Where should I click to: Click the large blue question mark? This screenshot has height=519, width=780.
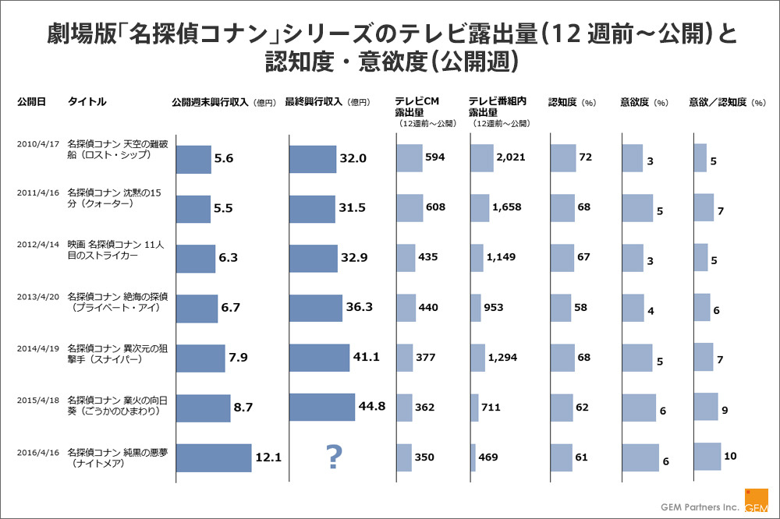(334, 457)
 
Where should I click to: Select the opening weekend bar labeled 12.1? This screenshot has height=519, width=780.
(213, 457)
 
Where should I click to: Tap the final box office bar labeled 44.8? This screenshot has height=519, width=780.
(321, 407)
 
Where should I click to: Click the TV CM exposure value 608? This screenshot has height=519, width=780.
(435, 207)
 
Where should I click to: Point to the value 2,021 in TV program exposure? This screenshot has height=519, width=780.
(511, 157)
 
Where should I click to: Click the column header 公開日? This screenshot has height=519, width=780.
(31, 102)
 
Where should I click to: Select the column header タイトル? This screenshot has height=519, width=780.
(87, 102)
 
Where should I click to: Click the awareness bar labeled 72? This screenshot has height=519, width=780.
(562, 157)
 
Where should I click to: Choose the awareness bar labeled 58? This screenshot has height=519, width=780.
(560, 308)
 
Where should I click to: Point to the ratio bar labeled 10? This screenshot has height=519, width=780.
(707, 457)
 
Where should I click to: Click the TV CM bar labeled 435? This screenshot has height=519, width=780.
(406, 257)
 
